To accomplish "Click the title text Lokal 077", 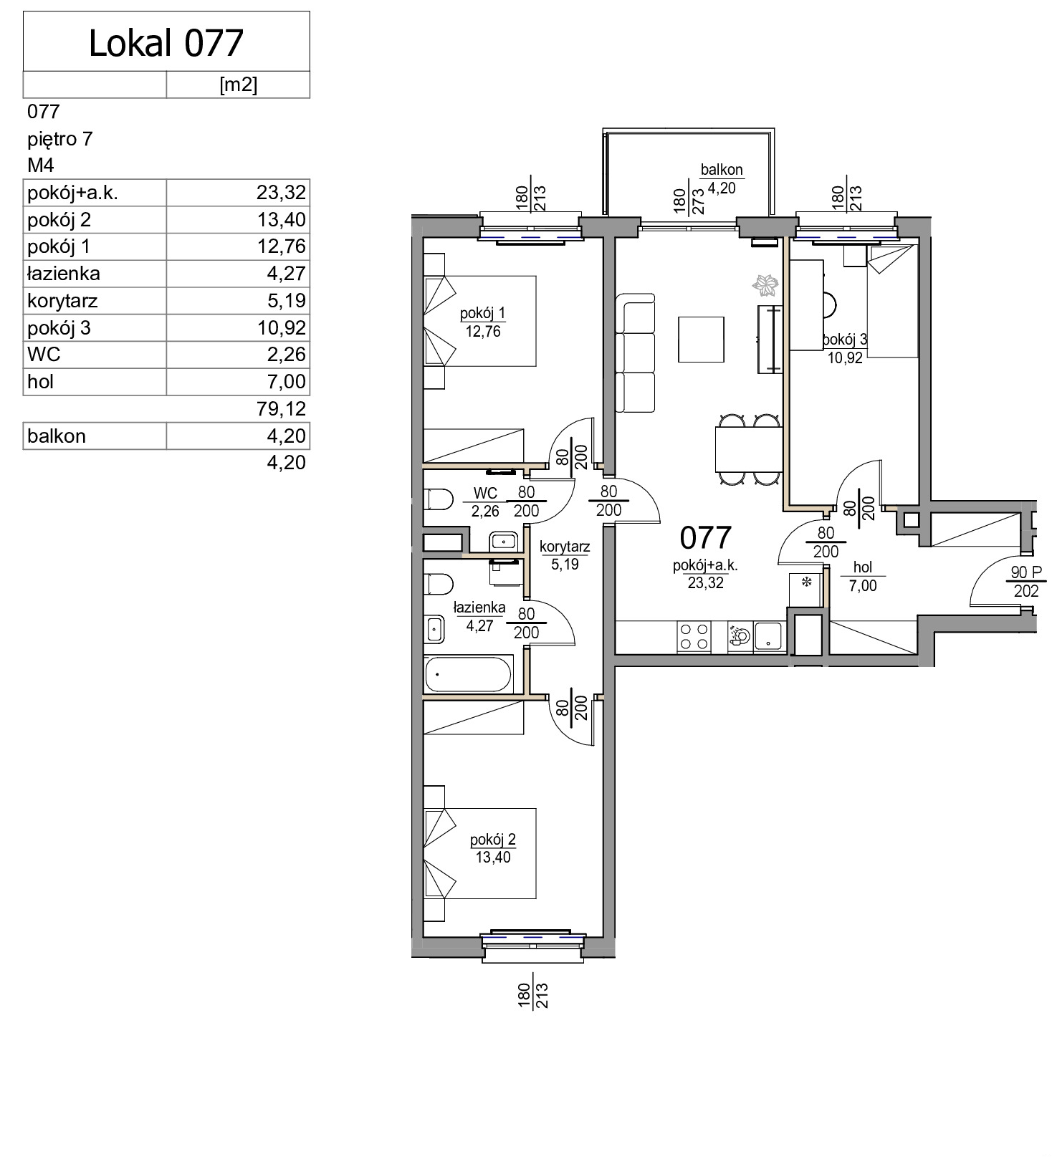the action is coord(166,43).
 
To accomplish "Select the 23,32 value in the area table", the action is coord(281,192).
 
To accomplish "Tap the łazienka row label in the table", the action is coord(64,274).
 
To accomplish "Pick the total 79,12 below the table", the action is coord(281,408).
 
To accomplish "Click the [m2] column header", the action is coord(238,85).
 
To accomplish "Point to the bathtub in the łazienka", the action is coord(468,674).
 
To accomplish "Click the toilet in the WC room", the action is coord(438,499).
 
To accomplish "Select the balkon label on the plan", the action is coord(722,170).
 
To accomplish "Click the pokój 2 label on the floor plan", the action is coord(493,840).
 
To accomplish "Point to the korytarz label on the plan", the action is coord(565,547).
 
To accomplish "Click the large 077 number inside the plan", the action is coord(705,537).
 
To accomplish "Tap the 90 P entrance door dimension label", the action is coord(1026,572).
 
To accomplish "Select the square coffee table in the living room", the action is coord(701,339).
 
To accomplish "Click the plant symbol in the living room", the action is coord(765,284).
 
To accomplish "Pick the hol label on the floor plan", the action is coord(863,567).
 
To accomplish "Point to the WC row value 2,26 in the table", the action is coord(287,354).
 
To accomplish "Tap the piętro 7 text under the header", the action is coord(60,139).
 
